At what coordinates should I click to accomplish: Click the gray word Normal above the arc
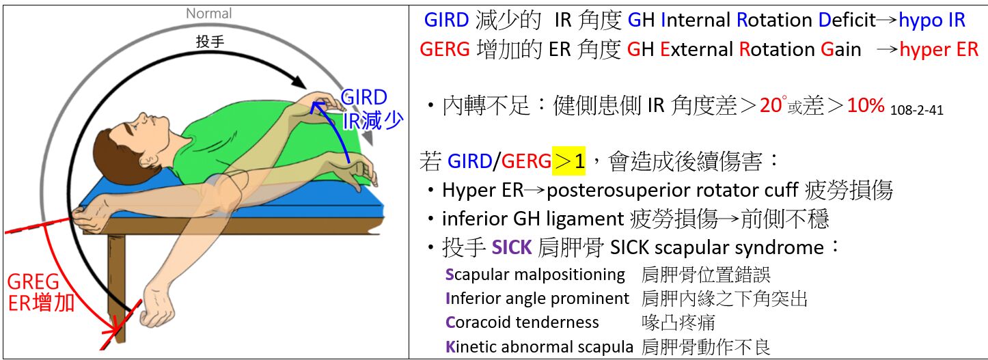point(208,13)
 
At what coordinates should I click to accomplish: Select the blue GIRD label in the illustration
point(364,98)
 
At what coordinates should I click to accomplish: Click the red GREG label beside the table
point(33,283)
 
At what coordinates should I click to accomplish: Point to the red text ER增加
point(41,303)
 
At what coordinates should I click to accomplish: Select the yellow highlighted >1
point(570,161)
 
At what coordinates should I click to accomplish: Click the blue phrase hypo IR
point(932,20)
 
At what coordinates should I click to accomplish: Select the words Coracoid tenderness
point(522,322)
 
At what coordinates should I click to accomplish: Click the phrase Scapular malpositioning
point(535,275)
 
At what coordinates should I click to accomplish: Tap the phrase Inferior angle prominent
point(537,299)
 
